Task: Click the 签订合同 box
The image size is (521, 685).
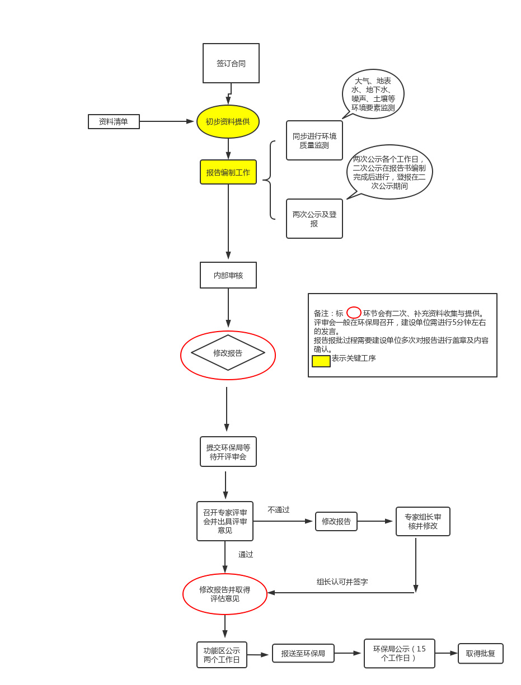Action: click(231, 63)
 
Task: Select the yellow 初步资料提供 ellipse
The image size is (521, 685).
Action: click(228, 121)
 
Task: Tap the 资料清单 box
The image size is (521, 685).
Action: click(114, 121)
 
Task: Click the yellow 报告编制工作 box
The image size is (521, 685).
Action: click(228, 172)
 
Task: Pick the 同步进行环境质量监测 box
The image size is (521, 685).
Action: click(315, 140)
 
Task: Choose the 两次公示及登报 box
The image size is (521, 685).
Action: click(315, 219)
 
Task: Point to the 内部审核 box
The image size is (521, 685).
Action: click(228, 275)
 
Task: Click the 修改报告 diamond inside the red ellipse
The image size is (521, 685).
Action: click(228, 353)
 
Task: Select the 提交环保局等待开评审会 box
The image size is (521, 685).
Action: click(228, 452)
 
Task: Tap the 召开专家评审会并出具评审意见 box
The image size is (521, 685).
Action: click(225, 521)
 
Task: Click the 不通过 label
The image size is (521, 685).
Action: click(279, 510)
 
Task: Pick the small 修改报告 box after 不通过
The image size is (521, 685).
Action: click(336, 521)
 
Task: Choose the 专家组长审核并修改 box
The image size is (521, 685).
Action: click(423, 521)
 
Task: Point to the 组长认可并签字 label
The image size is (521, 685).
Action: click(342, 582)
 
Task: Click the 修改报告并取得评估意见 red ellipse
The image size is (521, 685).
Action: click(225, 594)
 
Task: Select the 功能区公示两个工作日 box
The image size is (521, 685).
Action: click(222, 655)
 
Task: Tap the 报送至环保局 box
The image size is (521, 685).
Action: click(303, 653)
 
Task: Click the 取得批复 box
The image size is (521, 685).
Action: click(481, 653)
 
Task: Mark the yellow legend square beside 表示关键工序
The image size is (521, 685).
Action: click(321, 361)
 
